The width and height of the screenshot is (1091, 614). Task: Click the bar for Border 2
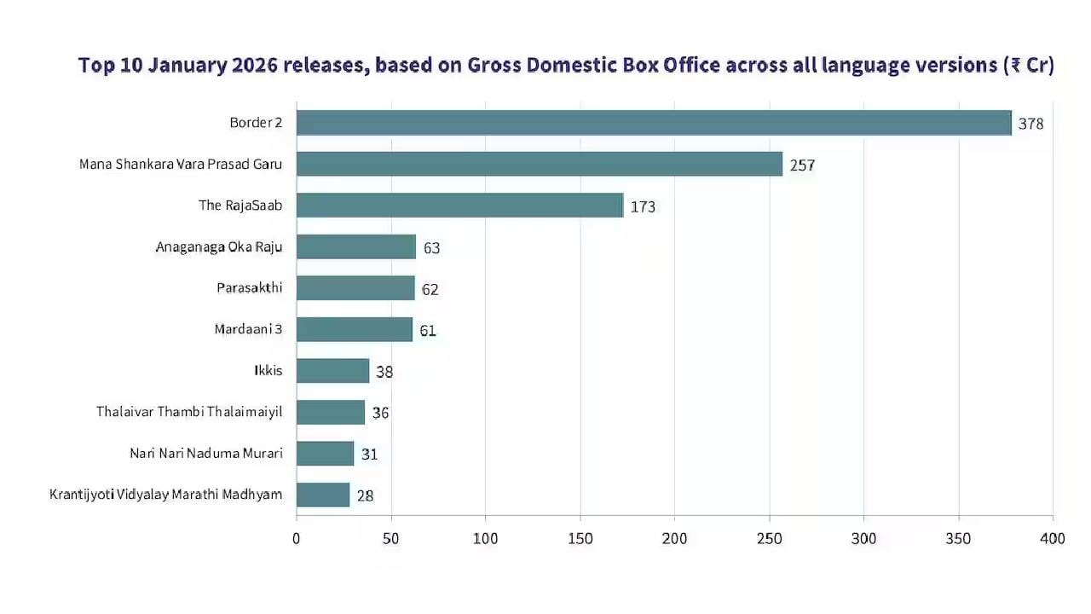pos(654,123)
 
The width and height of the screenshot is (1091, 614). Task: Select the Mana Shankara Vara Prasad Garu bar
pos(539,164)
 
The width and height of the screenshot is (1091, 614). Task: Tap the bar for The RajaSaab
pos(459,206)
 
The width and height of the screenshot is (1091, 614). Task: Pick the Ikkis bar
pos(332,371)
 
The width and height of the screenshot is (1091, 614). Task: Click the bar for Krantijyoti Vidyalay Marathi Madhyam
pos(323,495)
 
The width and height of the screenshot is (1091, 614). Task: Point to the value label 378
pos(1030,124)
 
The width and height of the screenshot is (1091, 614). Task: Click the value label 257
pos(802,165)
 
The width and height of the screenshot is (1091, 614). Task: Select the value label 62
pos(430,290)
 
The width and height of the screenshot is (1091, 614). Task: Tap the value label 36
pos(380,413)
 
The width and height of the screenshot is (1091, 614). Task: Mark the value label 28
pos(365,495)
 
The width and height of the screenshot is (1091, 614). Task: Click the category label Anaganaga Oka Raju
pos(219,247)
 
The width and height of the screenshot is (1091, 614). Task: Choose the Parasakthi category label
pos(249,288)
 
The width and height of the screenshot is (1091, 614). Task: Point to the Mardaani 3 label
pos(248,329)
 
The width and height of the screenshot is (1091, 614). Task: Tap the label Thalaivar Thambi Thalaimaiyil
pos(189,412)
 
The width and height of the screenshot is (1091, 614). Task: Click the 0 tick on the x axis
pos(297,539)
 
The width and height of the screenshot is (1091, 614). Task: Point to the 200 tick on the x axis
pos(674,539)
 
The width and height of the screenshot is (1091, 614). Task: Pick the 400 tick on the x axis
pos(1053,539)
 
